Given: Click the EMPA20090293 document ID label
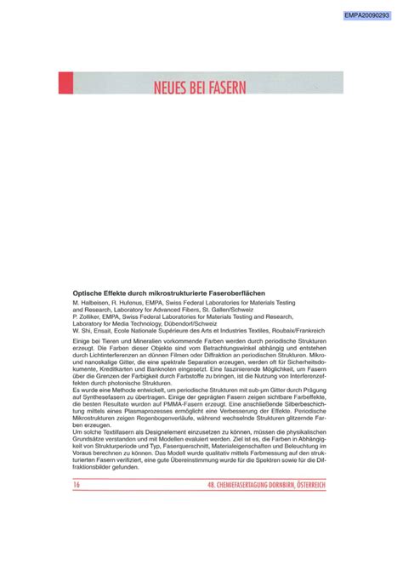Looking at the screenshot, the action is [x=367, y=14].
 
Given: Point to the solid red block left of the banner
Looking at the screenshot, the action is [x=62, y=83].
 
